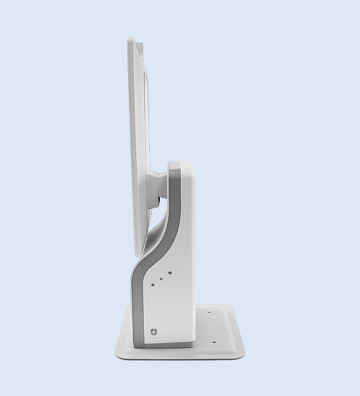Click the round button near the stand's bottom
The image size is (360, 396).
coord(153,332)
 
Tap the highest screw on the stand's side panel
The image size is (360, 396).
coord(169,272)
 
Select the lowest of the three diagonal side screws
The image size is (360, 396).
coord(153,285)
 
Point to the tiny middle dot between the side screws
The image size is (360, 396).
coord(161,279)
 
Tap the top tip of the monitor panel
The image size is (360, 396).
coord(131,40)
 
